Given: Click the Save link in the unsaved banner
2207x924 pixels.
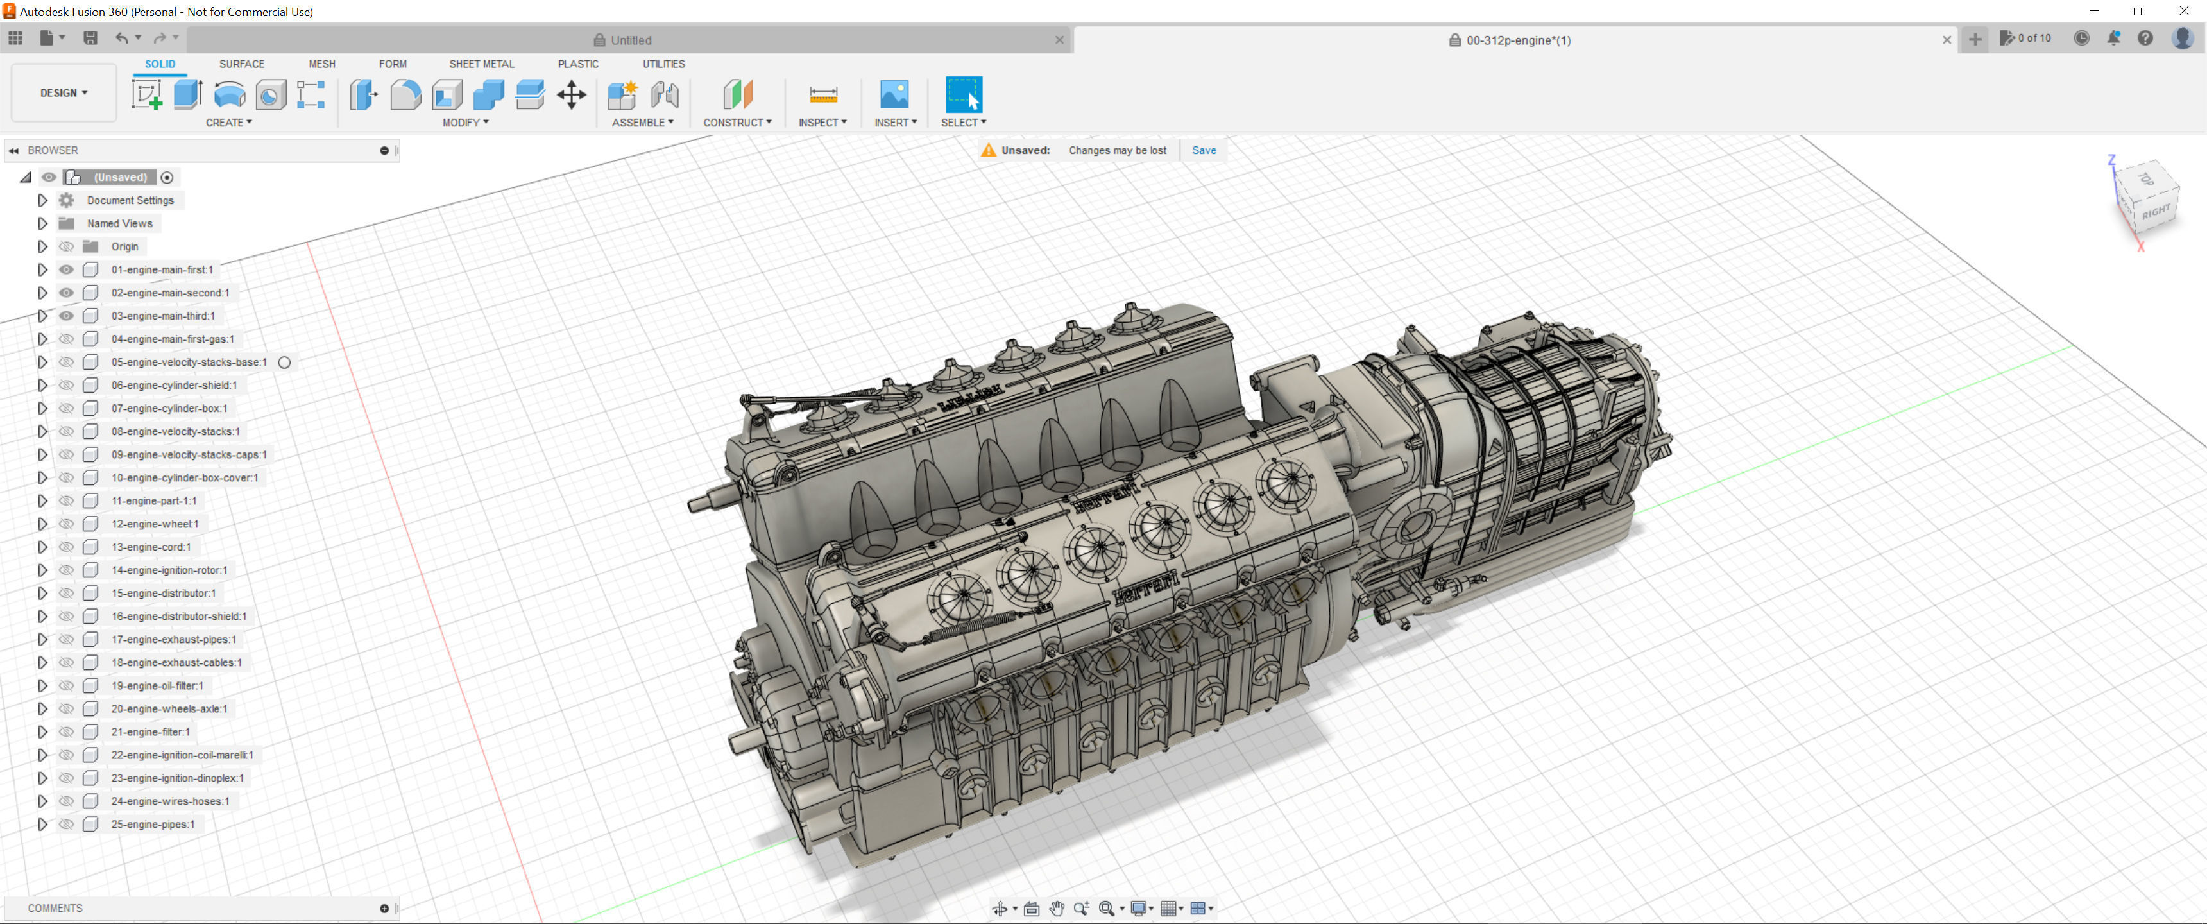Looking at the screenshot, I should click(1203, 150).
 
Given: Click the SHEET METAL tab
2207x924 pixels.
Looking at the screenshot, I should click(481, 64).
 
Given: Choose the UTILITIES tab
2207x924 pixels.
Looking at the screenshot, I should click(663, 64).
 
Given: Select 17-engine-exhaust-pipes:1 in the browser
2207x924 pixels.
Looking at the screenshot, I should click(173, 640).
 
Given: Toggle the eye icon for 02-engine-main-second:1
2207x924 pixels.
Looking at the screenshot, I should click(66, 293).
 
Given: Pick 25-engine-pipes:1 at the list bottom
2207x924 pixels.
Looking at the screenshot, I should click(153, 825).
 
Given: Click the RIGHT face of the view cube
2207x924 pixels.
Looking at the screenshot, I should click(2155, 212).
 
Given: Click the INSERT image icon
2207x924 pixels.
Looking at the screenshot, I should click(894, 94).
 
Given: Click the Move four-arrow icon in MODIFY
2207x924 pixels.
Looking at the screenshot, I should click(570, 94).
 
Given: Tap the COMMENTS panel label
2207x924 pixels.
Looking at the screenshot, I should click(55, 908).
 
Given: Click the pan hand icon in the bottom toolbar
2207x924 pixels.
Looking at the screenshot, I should click(1057, 908).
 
